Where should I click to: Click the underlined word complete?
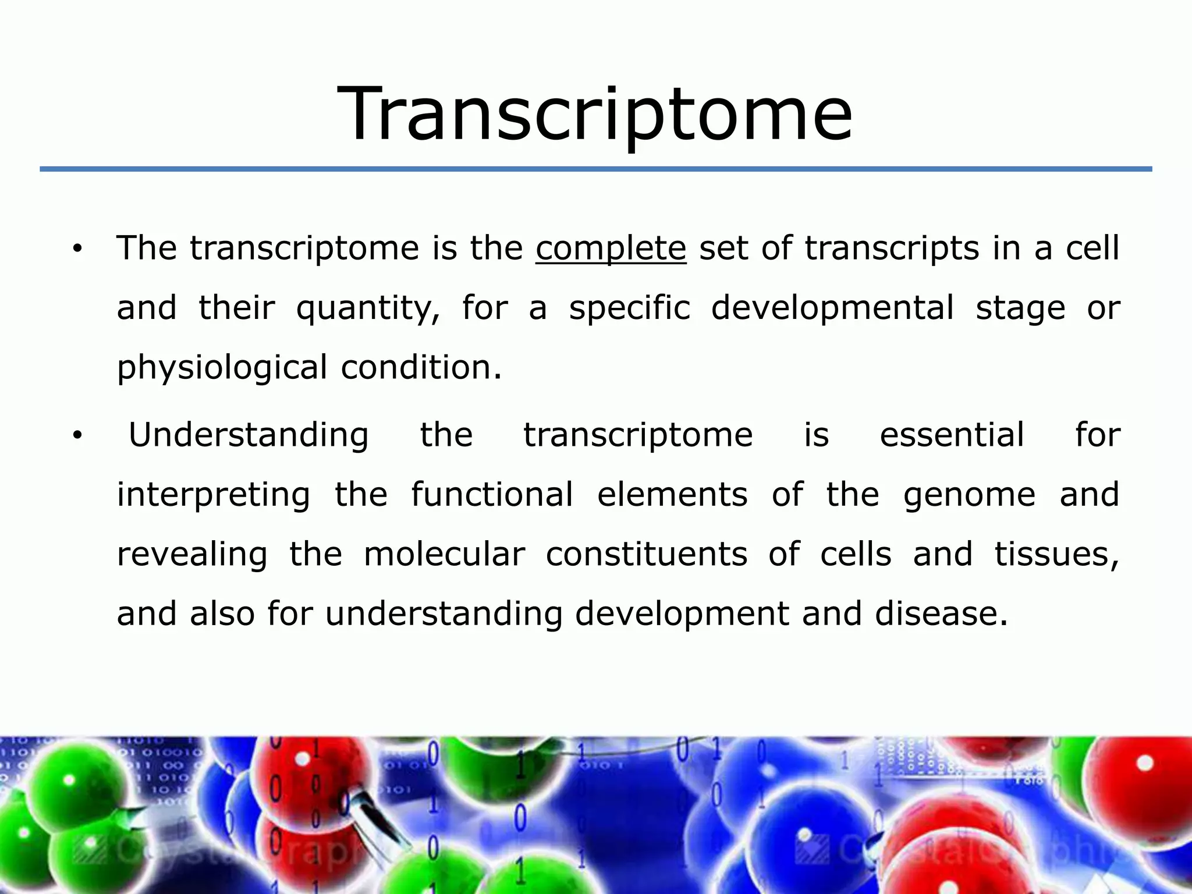pyautogui.click(x=611, y=248)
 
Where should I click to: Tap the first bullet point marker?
pyautogui.click(x=78, y=250)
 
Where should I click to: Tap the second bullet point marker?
pyautogui.click(x=78, y=437)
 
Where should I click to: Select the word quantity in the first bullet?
pyautogui.click(x=368, y=309)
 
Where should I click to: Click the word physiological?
pyautogui.click(x=222, y=368)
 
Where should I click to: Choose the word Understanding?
pyautogui.click(x=249, y=436)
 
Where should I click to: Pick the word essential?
pyautogui.click(x=952, y=435)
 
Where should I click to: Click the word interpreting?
pyautogui.click(x=213, y=496)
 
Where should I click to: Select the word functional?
pyautogui.click(x=492, y=495)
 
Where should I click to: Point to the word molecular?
pyautogui.click(x=444, y=554)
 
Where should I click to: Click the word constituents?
pyautogui.click(x=646, y=554)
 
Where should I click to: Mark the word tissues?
pyautogui.click(x=1056, y=555)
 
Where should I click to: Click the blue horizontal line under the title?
pyautogui.click(x=595, y=169)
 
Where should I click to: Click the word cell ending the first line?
pyautogui.click(x=1092, y=248)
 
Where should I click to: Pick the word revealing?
pyautogui.click(x=192, y=555)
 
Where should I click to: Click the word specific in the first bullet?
pyautogui.click(x=629, y=308)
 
